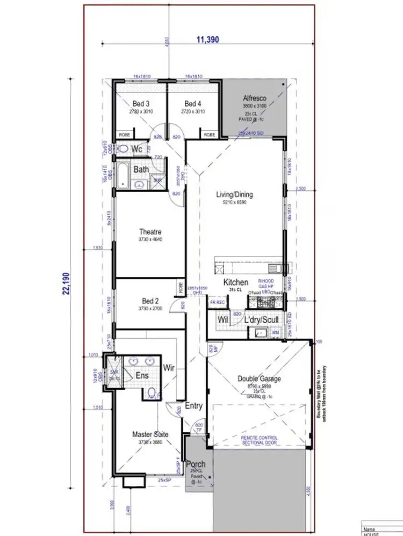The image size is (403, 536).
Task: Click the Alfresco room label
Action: [252, 98]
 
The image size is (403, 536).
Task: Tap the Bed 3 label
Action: [141, 104]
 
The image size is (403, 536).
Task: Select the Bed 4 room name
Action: [192, 104]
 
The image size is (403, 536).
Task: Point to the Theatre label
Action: [150, 232]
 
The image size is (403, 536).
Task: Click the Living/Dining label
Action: [234, 195]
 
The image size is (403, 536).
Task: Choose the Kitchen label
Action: [236, 282]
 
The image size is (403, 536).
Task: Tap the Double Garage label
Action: [259, 378]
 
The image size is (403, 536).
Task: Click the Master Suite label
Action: [150, 434]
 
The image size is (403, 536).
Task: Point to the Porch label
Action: [196, 464]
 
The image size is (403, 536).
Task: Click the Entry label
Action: [193, 406]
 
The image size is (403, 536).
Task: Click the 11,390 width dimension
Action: [207, 40]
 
